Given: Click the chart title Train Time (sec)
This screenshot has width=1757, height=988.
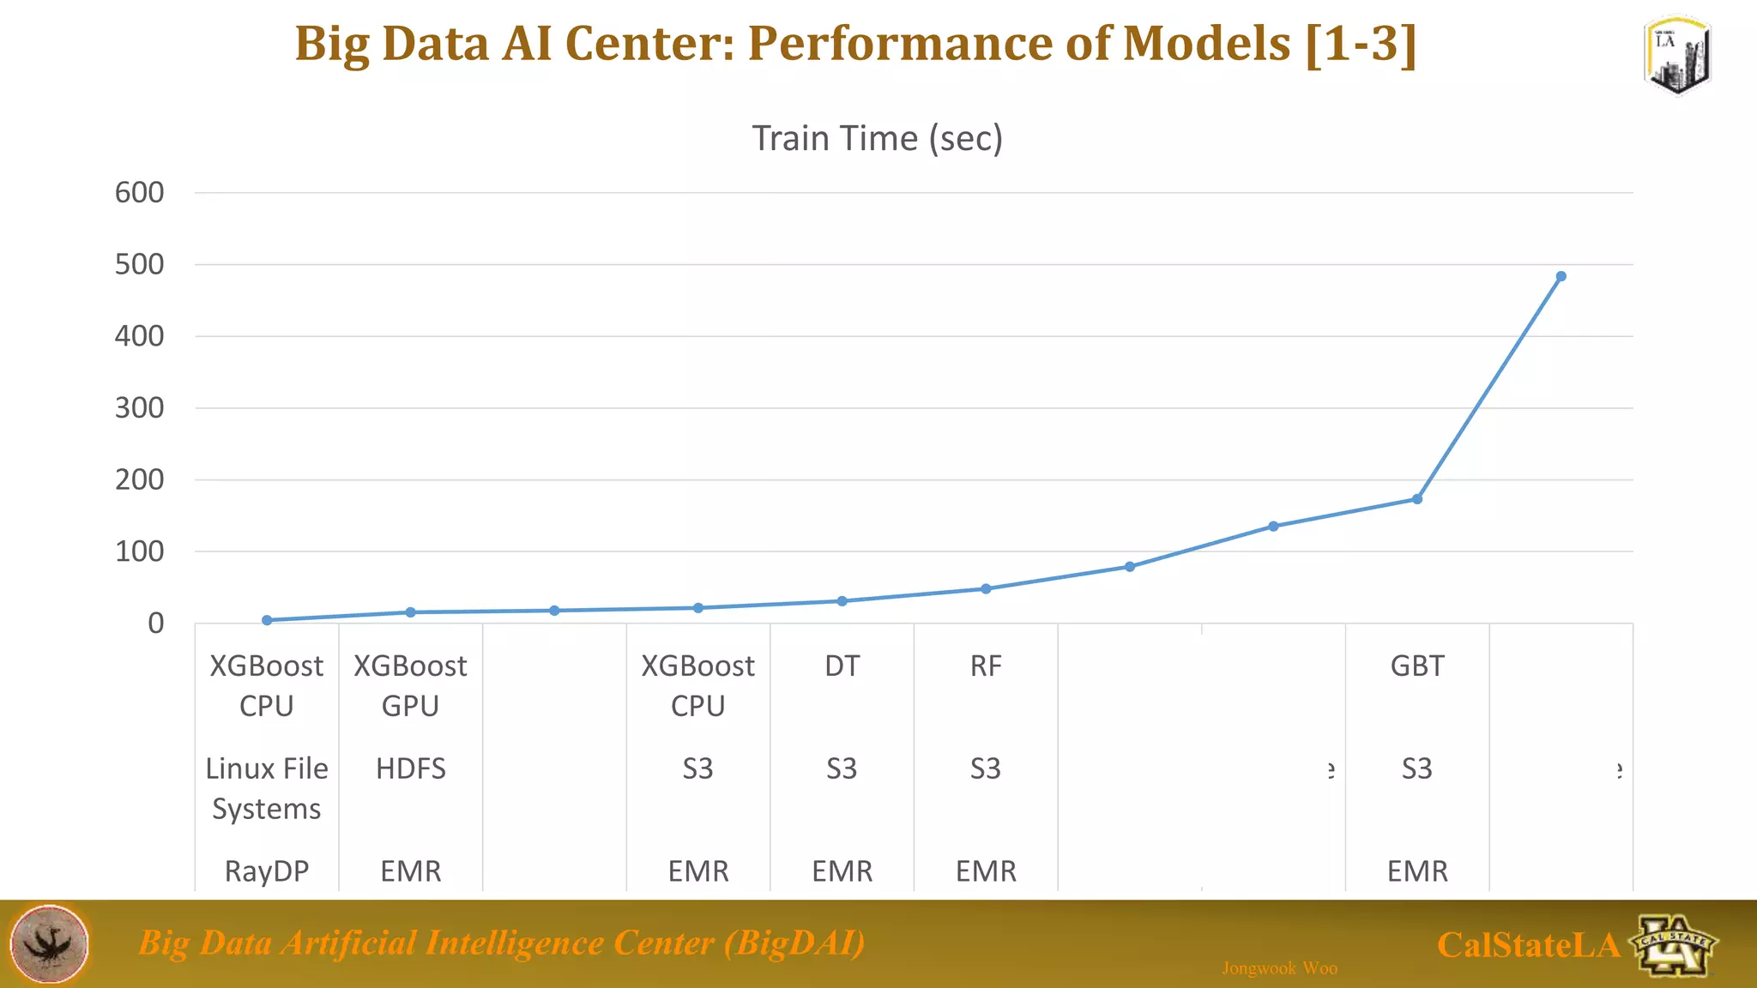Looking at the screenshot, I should (877, 138).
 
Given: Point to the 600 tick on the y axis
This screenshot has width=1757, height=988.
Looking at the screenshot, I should (139, 193).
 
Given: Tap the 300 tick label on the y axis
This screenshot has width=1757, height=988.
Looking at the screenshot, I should (139, 408).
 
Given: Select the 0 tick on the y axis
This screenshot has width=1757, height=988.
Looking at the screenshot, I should (155, 624).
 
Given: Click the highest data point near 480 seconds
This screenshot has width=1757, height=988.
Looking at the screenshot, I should (1561, 276).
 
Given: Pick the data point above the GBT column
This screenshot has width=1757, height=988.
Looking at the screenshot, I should (1417, 499).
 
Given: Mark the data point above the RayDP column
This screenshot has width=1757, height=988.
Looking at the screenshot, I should (267, 620).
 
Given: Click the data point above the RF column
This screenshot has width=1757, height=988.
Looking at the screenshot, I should (986, 589).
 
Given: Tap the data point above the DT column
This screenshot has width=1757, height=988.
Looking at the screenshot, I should (842, 601).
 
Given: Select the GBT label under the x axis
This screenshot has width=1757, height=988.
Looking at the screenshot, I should (1417, 666).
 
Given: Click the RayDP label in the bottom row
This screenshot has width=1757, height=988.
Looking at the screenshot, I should (267, 871).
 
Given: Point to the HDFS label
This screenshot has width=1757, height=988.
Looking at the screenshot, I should (411, 768).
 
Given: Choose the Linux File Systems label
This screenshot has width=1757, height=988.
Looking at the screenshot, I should (267, 788).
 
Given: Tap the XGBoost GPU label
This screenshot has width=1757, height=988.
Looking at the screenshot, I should (411, 685).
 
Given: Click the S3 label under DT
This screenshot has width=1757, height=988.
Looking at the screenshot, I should (842, 768).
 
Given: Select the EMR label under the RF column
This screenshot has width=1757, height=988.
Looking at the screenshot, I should (986, 871).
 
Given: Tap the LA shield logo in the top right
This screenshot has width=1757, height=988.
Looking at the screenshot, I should (1677, 56).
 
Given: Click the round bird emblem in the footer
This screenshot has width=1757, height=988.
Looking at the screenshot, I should (49, 943).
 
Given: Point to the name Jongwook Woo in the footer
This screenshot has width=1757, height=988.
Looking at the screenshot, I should (1279, 968).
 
